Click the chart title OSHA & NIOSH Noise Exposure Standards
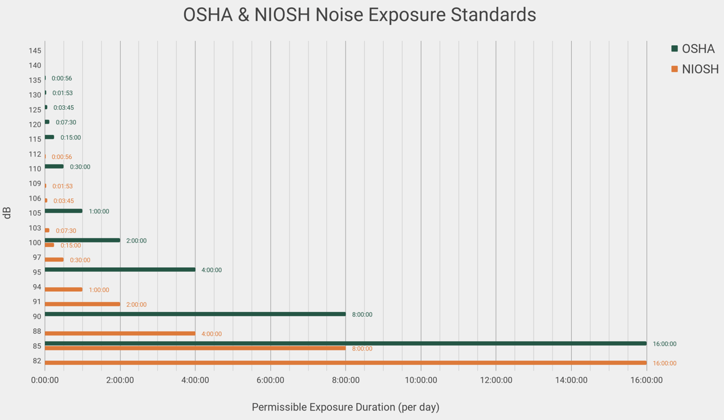tap(359, 15)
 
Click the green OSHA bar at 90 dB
tap(195, 314)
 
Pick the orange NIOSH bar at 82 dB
tap(345, 363)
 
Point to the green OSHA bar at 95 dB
tap(120, 270)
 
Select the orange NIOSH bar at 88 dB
tap(120, 334)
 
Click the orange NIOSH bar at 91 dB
tap(82, 304)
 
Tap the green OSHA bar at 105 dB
tap(63, 211)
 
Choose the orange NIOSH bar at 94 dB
tap(63, 290)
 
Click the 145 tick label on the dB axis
tap(35, 51)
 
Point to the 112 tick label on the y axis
tap(35, 154)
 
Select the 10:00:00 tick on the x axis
tap(421, 380)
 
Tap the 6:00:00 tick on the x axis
tap(270, 380)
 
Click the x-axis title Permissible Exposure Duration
tap(345, 407)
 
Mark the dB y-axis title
tap(7, 213)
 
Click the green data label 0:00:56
tap(62, 78)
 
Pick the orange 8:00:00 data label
tap(362, 349)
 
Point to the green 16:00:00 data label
tap(665, 344)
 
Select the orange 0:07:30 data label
tap(66, 231)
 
